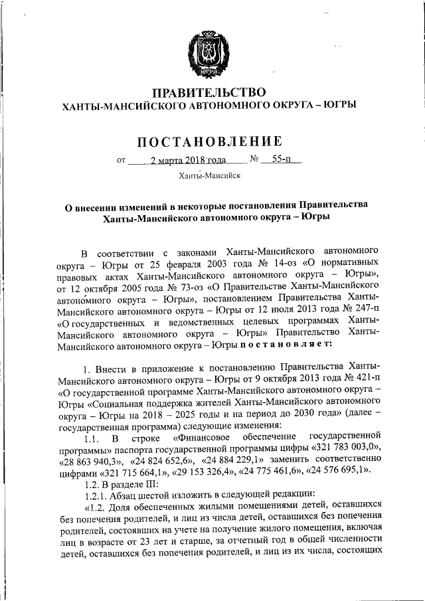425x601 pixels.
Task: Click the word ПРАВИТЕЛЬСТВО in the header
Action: click(210, 92)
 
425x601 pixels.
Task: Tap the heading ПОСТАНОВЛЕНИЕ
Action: click(210, 141)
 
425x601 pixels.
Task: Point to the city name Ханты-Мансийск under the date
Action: click(210, 175)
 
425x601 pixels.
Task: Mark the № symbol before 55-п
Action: click(254, 159)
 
